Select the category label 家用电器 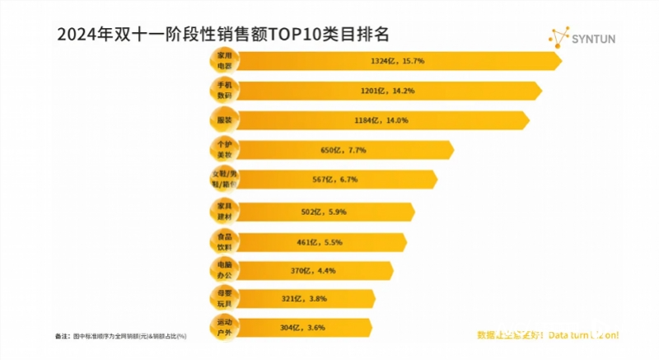pyautogui.click(x=223, y=60)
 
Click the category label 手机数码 pyautogui.click(x=223, y=90)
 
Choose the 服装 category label pyautogui.click(x=223, y=120)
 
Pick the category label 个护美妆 pyautogui.click(x=223, y=150)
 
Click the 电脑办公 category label pyautogui.click(x=223, y=269)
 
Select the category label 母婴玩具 pyautogui.click(x=223, y=297)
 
